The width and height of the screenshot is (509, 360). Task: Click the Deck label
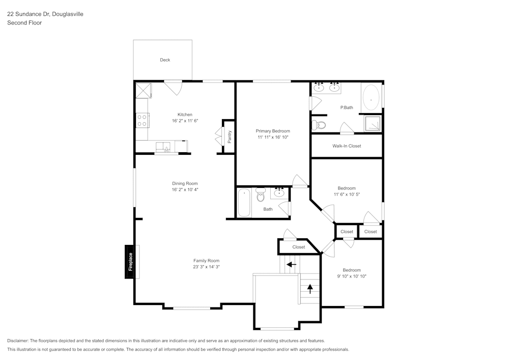pos(165,60)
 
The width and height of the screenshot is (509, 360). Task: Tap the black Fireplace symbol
pos(131,262)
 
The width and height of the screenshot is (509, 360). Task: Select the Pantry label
pos(230,136)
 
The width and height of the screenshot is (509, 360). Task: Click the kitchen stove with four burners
pos(142,120)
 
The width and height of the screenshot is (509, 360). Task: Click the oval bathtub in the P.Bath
pos(371,97)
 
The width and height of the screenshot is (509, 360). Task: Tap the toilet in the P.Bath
pos(319,125)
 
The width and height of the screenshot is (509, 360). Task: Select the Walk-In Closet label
pos(347,146)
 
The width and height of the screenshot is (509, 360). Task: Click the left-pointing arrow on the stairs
pos(291,264)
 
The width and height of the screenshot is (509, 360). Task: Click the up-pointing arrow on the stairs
pos(309,289)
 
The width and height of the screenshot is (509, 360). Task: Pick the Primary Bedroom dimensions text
pos(272,137)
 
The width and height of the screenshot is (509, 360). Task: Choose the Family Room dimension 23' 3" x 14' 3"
pos(206,267)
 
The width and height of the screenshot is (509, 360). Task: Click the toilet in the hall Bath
pos(261,195)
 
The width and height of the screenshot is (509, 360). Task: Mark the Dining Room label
pos(184,184)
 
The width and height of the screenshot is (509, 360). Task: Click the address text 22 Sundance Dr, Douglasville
pos(45,14)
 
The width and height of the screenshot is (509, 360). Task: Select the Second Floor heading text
pos(24,23)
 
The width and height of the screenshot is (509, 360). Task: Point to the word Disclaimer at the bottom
pos(18,341)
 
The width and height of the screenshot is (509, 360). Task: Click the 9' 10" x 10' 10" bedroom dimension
pos(351,276)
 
